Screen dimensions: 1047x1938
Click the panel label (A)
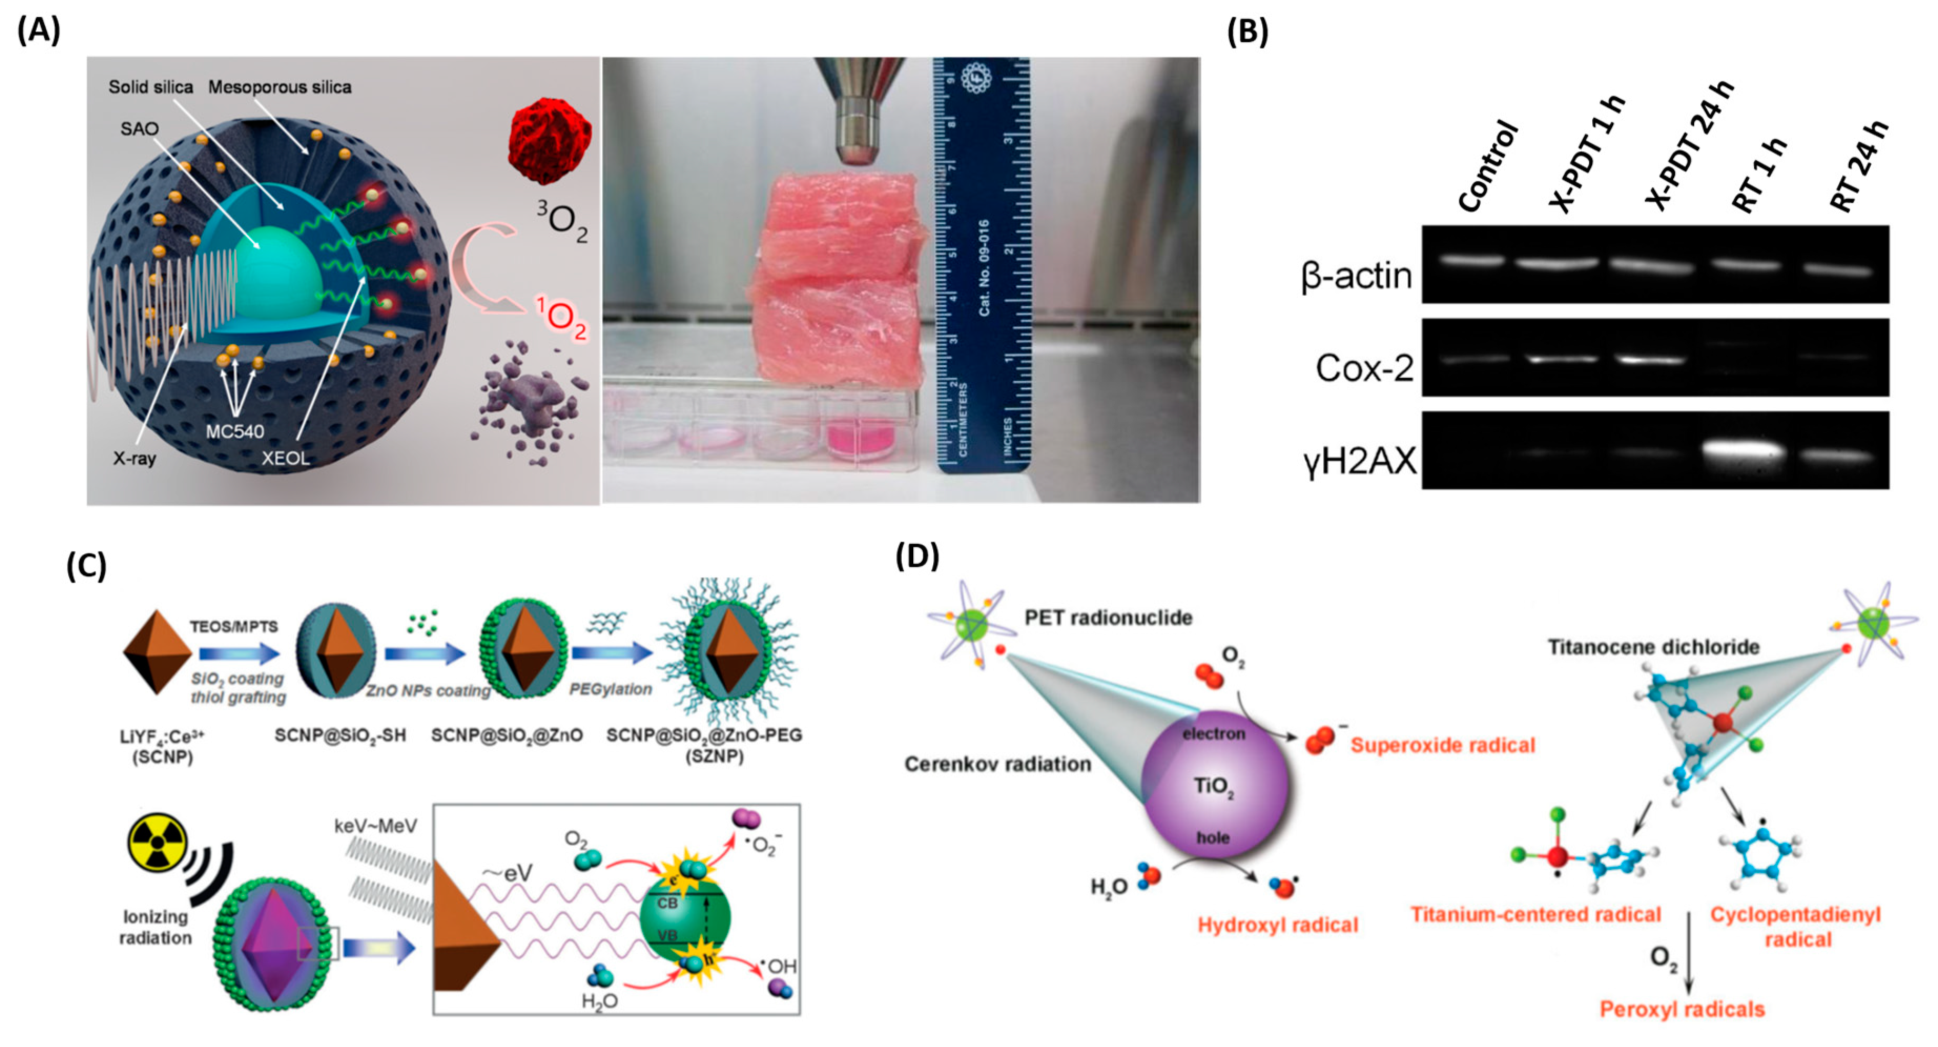point(38,31)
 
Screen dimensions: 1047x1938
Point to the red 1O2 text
point(561,318)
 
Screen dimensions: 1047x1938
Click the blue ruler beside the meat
point(982,263)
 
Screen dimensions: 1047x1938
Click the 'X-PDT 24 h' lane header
point(1689,147)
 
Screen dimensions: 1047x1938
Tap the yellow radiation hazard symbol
point(157,843)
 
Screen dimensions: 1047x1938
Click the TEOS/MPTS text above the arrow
point(233,627)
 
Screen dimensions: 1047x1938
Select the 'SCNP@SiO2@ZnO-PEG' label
point(704,735)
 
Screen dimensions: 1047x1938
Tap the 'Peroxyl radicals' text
point(1682,1009)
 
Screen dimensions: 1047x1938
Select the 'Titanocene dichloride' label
point(1653,647)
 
